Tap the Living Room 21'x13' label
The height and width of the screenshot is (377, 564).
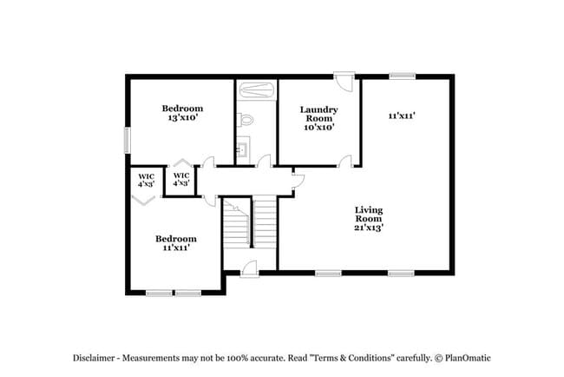point(369,219)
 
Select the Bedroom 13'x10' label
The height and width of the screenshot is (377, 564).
point(182,113)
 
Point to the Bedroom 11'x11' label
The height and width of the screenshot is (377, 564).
point(176,243)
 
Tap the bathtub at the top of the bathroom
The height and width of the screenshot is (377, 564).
point(257,89)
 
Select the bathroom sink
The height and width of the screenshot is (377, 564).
point(242,148)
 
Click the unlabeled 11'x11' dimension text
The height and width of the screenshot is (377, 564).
point(402,116)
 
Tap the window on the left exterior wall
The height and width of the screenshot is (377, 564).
point(127,140)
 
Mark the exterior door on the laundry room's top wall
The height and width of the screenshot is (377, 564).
point(344,83)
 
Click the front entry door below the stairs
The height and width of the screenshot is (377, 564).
point(250,269)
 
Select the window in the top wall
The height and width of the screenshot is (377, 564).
point(403,76)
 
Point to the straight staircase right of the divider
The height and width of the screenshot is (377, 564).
point(265,222)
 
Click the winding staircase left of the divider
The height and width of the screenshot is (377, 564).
point(236,223)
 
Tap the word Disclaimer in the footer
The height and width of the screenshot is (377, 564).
point(94,358)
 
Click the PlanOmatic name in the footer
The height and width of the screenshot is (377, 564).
point(468,358)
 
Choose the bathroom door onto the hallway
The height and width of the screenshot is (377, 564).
point(264,161)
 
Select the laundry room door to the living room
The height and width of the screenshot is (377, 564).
point(344,162)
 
